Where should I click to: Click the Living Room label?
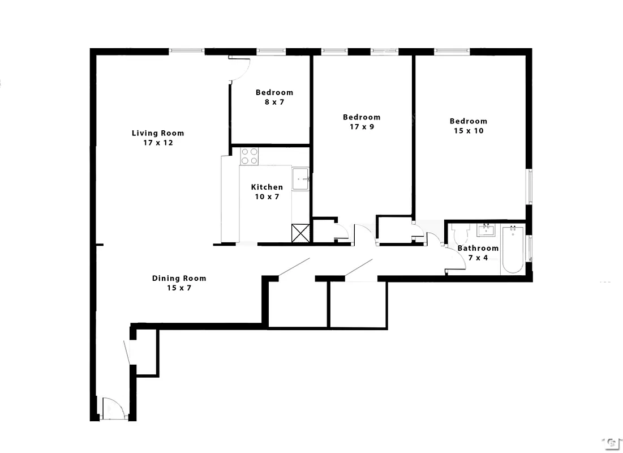coord(158,133)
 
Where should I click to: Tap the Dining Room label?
coord(179,278)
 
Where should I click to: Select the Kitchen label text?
coord(267,187)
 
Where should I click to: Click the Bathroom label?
coord(478,248)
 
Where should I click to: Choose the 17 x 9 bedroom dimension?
coord(361,127)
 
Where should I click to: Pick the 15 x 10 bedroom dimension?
coord(468,131)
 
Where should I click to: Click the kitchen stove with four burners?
coord(250,156)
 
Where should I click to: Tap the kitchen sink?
coord(300,179)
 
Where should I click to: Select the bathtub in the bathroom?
coord(513,249)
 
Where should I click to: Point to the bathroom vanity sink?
coord(486,230)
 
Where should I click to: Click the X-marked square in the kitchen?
coord(300,233)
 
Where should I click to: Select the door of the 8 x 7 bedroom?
coord(240,69)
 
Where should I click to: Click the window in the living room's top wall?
coord(187,52)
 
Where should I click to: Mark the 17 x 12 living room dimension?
coord(158,143)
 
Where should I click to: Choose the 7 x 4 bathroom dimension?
coord(478,258)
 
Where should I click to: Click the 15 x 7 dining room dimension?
coord(179,288)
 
